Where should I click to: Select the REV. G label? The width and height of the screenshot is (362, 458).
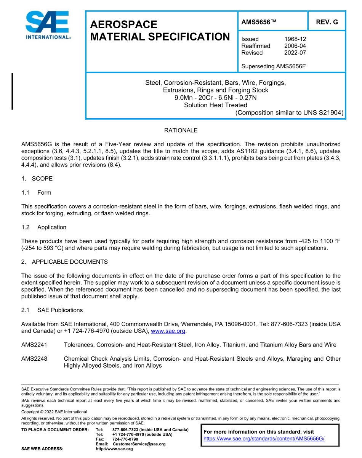tap(327, 22)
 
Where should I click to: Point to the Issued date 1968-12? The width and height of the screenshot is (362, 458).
tap(295, 39)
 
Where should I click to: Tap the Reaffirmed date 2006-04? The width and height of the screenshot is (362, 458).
tap(295, 46)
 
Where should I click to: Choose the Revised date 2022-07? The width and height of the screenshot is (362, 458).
tap(295, 53)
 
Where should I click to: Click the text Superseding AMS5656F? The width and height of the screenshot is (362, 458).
tap(274, 66)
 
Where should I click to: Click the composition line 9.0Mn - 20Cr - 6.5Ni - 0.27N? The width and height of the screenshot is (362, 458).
tap(215, 98)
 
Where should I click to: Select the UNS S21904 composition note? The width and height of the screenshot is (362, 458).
tap(289, 113)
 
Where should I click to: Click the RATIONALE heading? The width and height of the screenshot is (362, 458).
tap(181, 131)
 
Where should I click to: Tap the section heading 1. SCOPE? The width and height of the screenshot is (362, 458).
tap(37, 179)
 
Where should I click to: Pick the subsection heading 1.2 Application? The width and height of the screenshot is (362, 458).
tap(44, 227)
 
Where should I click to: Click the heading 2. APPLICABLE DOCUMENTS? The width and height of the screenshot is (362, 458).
tap(64, 262)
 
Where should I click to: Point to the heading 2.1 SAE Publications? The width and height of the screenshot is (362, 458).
tap(52, 310)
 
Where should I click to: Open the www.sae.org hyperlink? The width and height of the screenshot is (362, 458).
tap(168, 331)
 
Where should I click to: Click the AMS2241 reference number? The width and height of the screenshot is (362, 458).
tap(34, 345)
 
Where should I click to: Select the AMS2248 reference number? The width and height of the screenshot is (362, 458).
tap(34, 359)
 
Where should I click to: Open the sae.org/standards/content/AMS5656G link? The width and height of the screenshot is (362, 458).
tap(264, 439)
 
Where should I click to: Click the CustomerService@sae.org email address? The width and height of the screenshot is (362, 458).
tap(139, 444)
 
